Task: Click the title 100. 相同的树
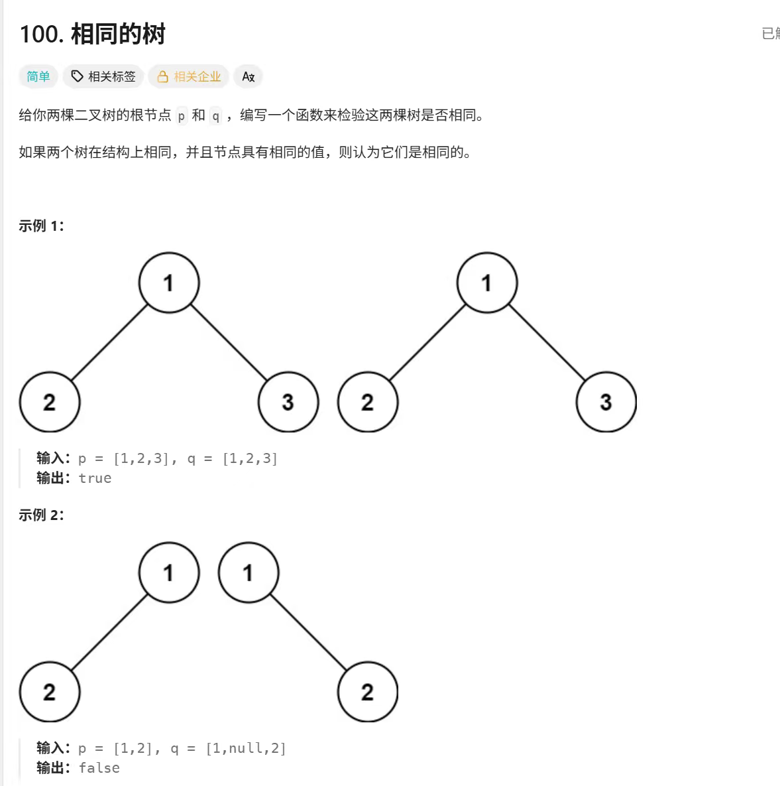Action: coord(92,34)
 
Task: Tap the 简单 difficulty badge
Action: coord(38,77)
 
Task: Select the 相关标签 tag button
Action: coord(103,77)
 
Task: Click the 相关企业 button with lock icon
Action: coord(189,77)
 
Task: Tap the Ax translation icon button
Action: coord(249,77)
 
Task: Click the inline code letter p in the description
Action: coord(182,116)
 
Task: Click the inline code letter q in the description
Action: coord(215,116)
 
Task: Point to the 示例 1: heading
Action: coord(41,226)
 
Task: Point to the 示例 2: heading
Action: coord(41,515)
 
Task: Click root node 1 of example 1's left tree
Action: coord(169,283)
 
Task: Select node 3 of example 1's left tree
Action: coord(288,402)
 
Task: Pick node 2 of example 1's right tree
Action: coord(368,402)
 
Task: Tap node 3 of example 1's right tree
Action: coord(606,402)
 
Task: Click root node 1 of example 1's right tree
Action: coord(487,283)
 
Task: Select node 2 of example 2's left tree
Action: coord(50,692)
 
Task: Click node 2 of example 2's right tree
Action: coord(368,692)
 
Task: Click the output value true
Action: coord(95,478)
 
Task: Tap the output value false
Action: coord(99,768)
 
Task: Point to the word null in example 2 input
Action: coord(245,749)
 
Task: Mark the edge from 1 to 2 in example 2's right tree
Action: coord(308,632)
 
